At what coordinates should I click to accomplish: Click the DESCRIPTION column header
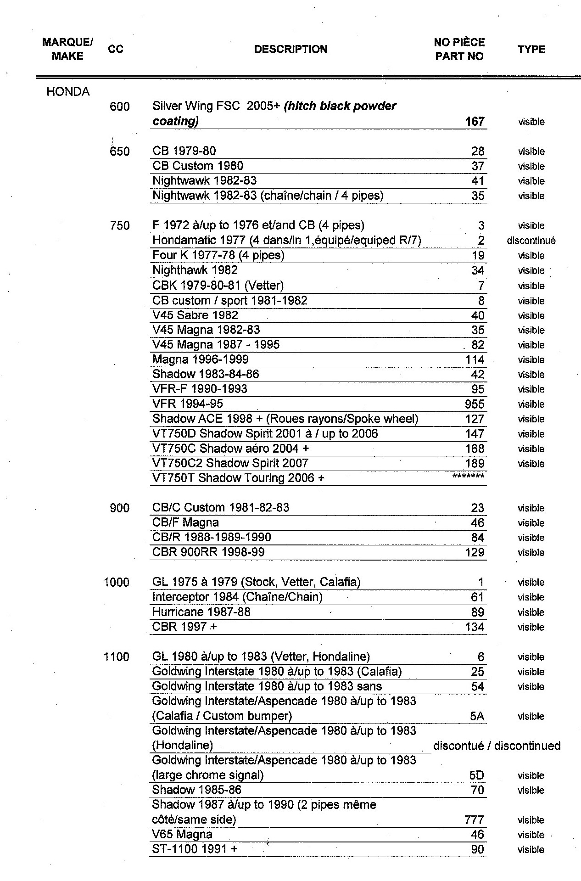(290, 49)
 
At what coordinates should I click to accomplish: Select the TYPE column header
(531, 49)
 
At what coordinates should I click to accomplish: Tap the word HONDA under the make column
(68, 92)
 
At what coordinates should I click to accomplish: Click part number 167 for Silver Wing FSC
(475, 122)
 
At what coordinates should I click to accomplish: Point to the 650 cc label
(120, 152)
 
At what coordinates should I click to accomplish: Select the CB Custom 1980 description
(198, 166)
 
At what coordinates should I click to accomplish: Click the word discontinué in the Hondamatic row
(531, 241)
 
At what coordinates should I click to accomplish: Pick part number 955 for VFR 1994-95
(475, 404)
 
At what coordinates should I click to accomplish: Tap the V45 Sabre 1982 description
(195, 315)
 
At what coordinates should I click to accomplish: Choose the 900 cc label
(120, 508)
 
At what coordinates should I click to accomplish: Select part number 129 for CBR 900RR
(475, 552)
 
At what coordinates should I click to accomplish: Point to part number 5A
(477, 716)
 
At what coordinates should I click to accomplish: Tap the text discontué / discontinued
(497, 746)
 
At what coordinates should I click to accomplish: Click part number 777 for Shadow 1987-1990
(474, 820)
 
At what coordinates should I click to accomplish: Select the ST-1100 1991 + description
(195, 849)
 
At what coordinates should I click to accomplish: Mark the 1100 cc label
(117, 657)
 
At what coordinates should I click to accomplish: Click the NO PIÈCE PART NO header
(459, 49)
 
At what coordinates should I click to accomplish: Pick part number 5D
(477, 775)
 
